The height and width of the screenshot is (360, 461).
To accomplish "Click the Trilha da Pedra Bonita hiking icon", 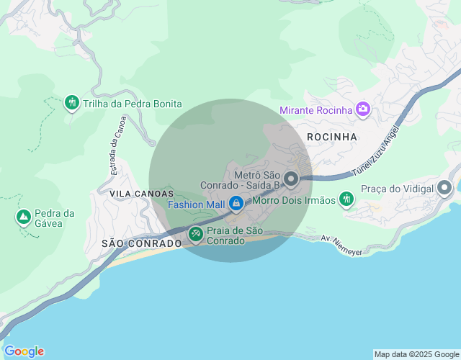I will pos(71,104).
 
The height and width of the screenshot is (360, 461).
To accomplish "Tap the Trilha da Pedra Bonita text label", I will pos(133,104).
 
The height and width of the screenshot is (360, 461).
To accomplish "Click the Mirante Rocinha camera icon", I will pos(362,109).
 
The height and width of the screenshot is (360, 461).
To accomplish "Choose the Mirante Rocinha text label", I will pos(315,110).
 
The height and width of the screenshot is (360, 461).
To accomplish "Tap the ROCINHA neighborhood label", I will pos(332,136).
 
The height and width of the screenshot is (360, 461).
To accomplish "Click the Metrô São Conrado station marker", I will pos(291,178).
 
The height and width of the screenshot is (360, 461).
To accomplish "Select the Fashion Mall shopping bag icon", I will pos(236,204).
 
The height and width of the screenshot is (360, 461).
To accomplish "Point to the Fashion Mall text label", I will pos(197,204).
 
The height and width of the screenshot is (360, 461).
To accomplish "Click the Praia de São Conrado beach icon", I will pos(195,234).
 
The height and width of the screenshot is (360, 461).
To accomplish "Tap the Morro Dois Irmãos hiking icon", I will pos(347,199).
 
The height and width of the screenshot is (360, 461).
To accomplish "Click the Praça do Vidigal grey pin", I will pos(444,189).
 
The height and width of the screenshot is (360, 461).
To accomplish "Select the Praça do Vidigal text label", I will pos(398,189).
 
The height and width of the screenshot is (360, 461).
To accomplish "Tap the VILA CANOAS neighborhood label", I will pos(142,194).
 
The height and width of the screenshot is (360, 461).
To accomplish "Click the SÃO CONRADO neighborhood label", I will pos(141,243).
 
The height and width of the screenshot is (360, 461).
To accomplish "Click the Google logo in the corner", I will pos(24,351).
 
